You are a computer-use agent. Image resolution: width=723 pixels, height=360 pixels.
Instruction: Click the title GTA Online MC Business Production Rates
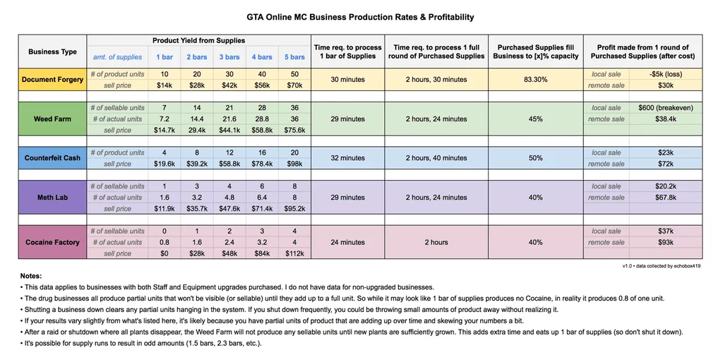(360, 17)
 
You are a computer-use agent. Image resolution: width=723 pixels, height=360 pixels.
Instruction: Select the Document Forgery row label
(52, 80)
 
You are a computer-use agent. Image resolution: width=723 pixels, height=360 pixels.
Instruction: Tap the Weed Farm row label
(52, 119)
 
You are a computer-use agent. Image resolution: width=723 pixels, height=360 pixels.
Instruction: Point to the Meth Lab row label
(52, 198)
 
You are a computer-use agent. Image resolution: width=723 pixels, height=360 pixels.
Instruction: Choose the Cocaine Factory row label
(52, 242)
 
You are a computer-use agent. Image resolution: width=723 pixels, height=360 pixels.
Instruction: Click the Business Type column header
(52, 52)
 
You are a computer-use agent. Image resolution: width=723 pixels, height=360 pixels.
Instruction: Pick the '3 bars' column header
(229, 57)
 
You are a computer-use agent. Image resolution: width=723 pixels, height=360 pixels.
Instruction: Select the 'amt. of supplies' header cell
(117, 57)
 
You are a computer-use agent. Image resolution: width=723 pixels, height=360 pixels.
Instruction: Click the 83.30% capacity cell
(535, 80)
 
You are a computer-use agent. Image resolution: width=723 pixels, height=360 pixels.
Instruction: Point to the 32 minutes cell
(348, 158)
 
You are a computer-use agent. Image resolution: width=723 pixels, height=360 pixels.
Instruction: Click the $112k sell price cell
(294, 253)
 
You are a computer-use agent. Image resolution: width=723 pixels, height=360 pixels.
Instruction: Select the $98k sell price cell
(294, 164)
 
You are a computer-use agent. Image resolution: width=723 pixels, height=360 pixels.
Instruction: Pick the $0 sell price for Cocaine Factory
(165, 253)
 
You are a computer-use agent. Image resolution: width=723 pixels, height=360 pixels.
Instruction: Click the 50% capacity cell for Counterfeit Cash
(535, 158)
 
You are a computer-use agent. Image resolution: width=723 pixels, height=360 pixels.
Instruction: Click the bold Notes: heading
(31, 276)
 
